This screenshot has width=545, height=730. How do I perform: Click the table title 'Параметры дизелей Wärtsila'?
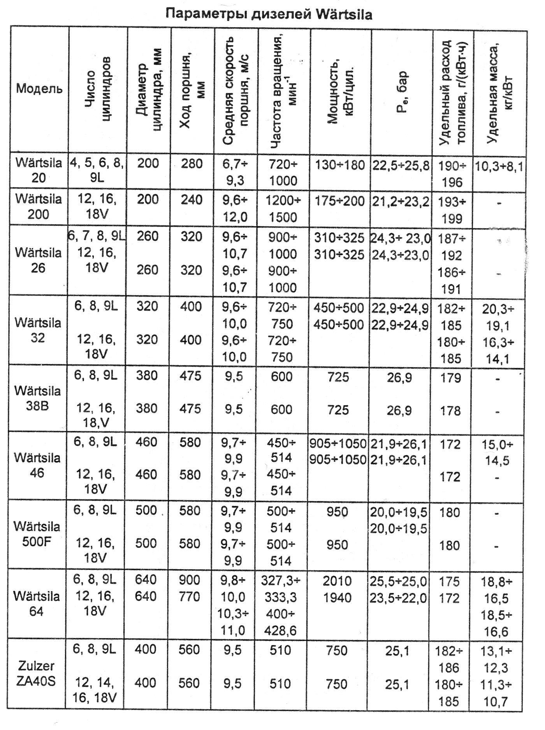coord(269,14)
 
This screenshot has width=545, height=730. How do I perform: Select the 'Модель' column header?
coord(39,89)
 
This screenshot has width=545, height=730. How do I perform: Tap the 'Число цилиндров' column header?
coord(98,89)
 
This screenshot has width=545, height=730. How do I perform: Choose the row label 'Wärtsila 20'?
coord(39,170)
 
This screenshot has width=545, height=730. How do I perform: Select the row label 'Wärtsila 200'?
coord(39,206)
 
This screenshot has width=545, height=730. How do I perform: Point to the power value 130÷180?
coord(339,165)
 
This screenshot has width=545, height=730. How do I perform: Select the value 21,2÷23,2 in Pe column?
coord(401,201)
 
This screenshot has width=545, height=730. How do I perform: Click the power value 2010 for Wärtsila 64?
coord(337,581)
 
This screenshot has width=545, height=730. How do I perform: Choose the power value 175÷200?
coord(339,201)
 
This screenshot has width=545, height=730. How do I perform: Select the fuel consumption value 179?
coord(451,378)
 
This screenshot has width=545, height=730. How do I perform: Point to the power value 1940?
coord(337,597)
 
